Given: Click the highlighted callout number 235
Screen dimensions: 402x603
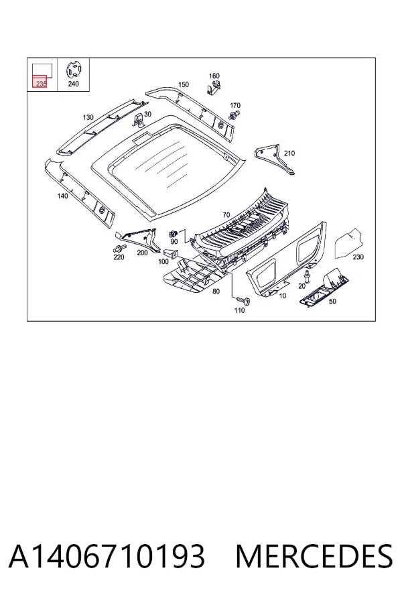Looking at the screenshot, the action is point(40,83).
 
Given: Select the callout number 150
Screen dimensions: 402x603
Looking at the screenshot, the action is point(184,84).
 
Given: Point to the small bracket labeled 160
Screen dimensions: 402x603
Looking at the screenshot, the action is point(214,88).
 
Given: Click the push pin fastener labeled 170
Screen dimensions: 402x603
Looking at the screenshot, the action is point(234,115).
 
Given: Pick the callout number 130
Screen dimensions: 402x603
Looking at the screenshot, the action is point(88,117).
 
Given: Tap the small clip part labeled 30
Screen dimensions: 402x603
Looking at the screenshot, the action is point(139,120).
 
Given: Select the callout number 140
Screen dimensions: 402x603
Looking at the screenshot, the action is point(62,196).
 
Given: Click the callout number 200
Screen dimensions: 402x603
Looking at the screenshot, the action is point(142,253).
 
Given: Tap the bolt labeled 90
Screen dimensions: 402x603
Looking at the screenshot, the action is point(173,233).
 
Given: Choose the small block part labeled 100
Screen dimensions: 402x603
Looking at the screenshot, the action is point(171,254).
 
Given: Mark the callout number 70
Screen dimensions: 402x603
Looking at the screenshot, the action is point(226,214).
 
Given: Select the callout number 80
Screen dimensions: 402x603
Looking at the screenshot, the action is point(216,291).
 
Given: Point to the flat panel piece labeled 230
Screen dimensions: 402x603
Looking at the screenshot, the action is point(348,243).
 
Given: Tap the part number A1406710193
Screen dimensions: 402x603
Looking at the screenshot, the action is point(107,556).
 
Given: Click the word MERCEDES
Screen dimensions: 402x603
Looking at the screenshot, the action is point(314,556).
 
